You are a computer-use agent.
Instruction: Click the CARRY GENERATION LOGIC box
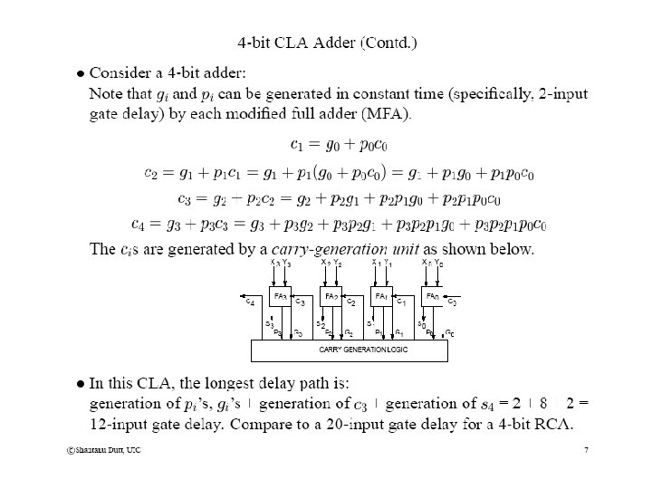pyautogui.click(x=349, y=350)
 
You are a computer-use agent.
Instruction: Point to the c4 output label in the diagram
pyautogui.click(x=250, y=302)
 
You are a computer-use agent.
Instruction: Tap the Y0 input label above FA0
pyautogui.click(x=439, y=263)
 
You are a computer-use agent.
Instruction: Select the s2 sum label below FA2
pyautogui.click(x=320, y=323)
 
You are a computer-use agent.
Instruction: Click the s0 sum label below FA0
pyautogui.click(x=421, y=323)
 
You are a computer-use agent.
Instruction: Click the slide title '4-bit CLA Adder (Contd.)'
pyautogui.click(x=327, y=42)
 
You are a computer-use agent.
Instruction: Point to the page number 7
pyautogui.click(x=586, y=450)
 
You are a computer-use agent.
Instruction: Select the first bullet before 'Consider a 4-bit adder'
pyautogui.click(x=80, y=72)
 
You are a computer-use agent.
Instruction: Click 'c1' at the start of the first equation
pyautogui.click(x=297, y=144)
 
